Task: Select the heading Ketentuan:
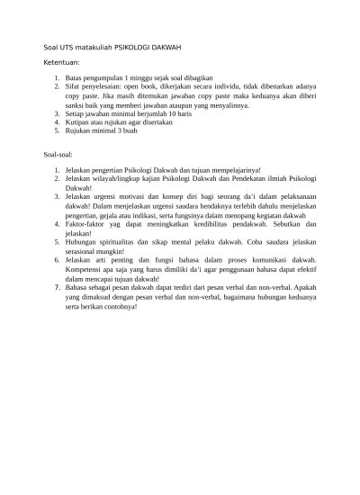[x=62, y=64]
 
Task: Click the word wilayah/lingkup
[x=119, y=178]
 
